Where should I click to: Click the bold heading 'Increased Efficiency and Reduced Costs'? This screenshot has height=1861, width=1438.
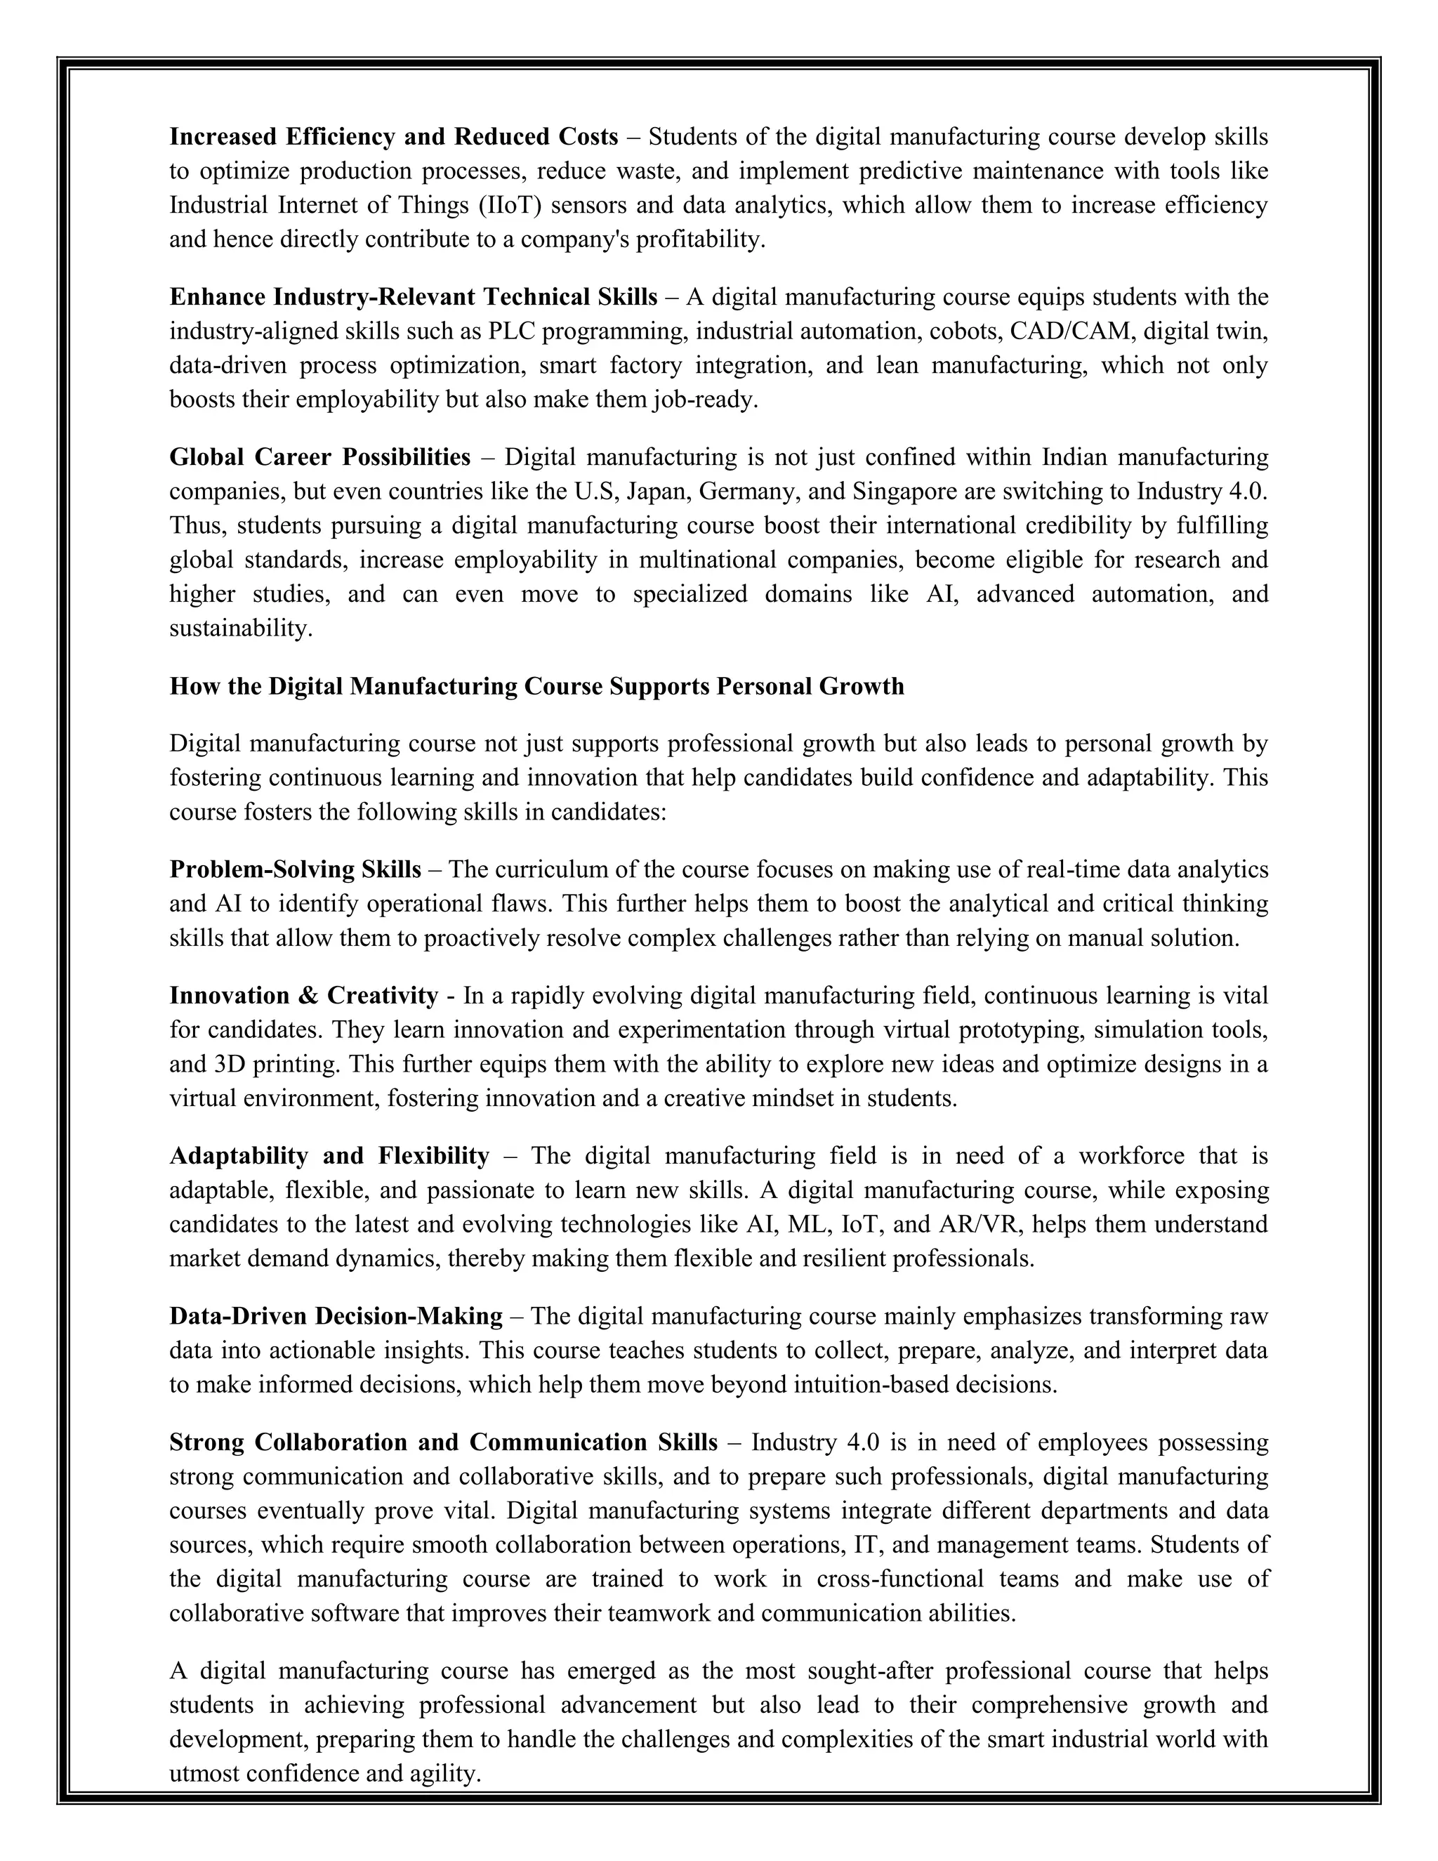(x=394, y=137)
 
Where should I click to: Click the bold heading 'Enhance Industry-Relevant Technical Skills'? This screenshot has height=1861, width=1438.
(x=413, y=297)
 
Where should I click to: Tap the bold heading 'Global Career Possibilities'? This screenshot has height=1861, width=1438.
(x=319, y=458)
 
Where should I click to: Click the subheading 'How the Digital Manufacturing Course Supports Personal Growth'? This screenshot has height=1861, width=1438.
(x=536, y=686)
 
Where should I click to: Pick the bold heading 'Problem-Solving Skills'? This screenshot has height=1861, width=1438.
(x=295, y=870)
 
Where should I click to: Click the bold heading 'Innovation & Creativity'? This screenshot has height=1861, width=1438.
(x=303, y=996)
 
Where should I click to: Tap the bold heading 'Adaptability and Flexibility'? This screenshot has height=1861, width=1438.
(x=329, y=1157)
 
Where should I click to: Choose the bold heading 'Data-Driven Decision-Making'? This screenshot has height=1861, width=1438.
(x=336, y=1317)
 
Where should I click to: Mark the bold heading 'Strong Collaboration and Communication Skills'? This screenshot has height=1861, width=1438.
(x=443, y=1442)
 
